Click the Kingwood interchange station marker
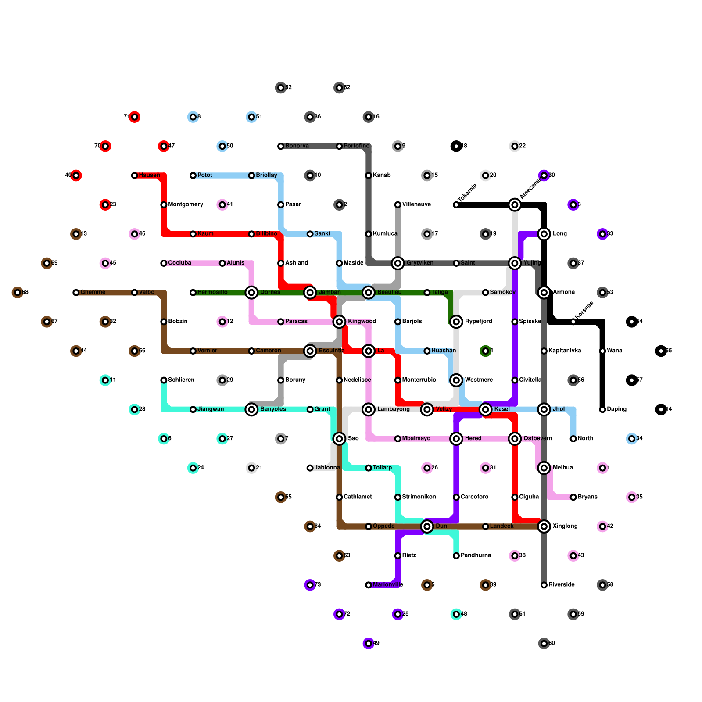(339, 322)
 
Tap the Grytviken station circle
(398, 263)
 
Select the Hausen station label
(149, 175)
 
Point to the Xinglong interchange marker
(544, 526)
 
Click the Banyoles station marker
(251, 409)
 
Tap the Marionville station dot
(369, 585)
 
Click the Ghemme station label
(93, 292)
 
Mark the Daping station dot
(602, 409)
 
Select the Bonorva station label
(297, 146)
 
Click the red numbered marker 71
(135, 117)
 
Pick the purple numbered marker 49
(369, 644)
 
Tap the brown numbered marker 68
(18, 292)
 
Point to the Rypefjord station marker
(456, 322)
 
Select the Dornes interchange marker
(251, 292)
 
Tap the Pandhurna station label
(476, 555)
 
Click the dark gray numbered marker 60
(544, 644)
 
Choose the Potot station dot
(193, 175)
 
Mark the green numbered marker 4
(485, 351)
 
